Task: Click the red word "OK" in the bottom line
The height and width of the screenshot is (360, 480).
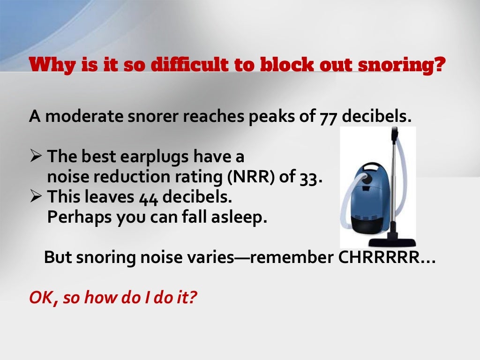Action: [x=39, y=298]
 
